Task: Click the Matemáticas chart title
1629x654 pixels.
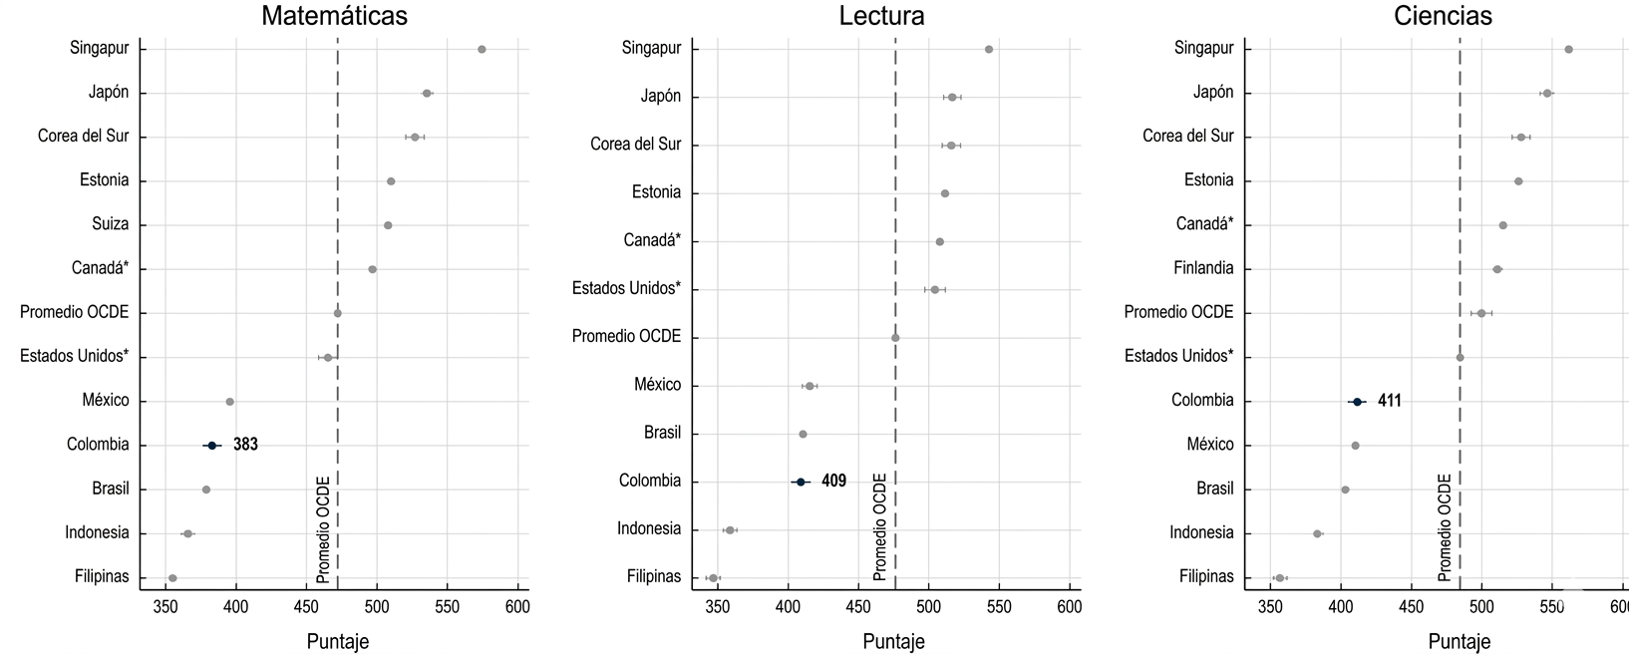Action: click(334, 16)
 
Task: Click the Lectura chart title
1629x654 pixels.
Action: click(881, 16)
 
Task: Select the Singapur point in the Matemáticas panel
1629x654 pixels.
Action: click(482, 49)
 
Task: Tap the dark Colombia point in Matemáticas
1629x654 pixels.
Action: click(211, 446)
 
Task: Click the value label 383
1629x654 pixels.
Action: click(245, 446)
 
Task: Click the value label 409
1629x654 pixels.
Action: click(833, 482)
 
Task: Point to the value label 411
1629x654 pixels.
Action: click(1390, 402)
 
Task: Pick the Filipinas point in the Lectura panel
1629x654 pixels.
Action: click(713, 578)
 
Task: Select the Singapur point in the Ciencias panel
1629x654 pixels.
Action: click(1568, 49)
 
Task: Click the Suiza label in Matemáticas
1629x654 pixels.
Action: click(110, 224)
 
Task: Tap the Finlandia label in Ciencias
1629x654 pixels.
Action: click(1202, 268)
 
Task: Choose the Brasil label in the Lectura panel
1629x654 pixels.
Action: click(662, 434)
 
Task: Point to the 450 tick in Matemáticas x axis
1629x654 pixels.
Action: click(306, 606)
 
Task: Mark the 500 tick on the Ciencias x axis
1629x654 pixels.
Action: click(1481, 606)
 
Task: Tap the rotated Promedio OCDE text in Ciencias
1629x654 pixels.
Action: click(1445, 528)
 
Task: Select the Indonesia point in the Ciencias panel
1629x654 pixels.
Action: click(1317, 534)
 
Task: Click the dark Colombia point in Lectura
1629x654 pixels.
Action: click(800, 483)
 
